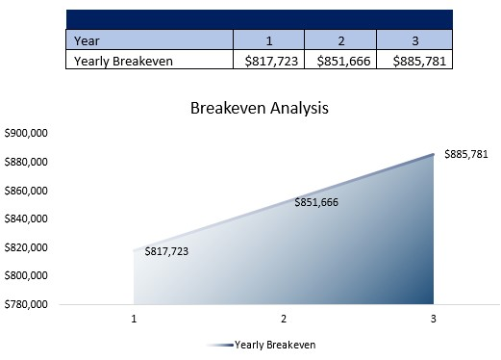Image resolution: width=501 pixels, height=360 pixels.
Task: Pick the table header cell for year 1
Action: click(269, 40)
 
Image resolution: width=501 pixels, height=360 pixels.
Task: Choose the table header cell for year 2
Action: click(340, 40)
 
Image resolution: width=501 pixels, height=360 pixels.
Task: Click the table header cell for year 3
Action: click(413, 40)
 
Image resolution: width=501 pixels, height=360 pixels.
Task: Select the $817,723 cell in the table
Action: click(269, 60)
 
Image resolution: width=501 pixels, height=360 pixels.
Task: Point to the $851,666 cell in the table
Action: click(340, 60)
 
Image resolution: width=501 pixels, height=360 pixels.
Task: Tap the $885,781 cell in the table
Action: click(413, 60)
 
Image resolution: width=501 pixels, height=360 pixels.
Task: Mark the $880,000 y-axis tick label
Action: click(27, 162)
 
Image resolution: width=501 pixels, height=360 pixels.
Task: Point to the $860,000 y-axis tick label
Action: click(27, 191)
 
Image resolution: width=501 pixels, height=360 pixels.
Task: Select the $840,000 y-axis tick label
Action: click(27, 219)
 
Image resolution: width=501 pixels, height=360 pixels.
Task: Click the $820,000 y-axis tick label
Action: click(27, 247)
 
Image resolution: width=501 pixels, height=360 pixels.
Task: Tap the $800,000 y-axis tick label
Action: click(27, 276)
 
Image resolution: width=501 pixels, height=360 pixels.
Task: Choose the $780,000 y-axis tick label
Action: click(27, 304)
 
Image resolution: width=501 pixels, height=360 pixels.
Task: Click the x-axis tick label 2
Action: click(284, 318)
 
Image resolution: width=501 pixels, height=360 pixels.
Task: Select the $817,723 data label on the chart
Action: click(166, 251)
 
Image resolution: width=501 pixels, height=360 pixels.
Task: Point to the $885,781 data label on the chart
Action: click(466, 154)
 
